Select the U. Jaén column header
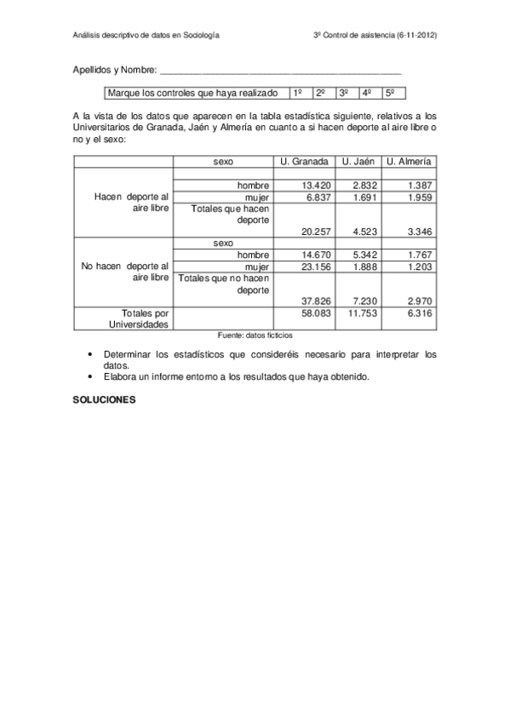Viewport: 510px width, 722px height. [358, 161]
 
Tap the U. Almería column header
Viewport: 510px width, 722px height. [409, 161]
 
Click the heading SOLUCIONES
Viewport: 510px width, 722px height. [105, 398]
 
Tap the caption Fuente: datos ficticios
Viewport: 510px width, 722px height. [255, 335]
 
